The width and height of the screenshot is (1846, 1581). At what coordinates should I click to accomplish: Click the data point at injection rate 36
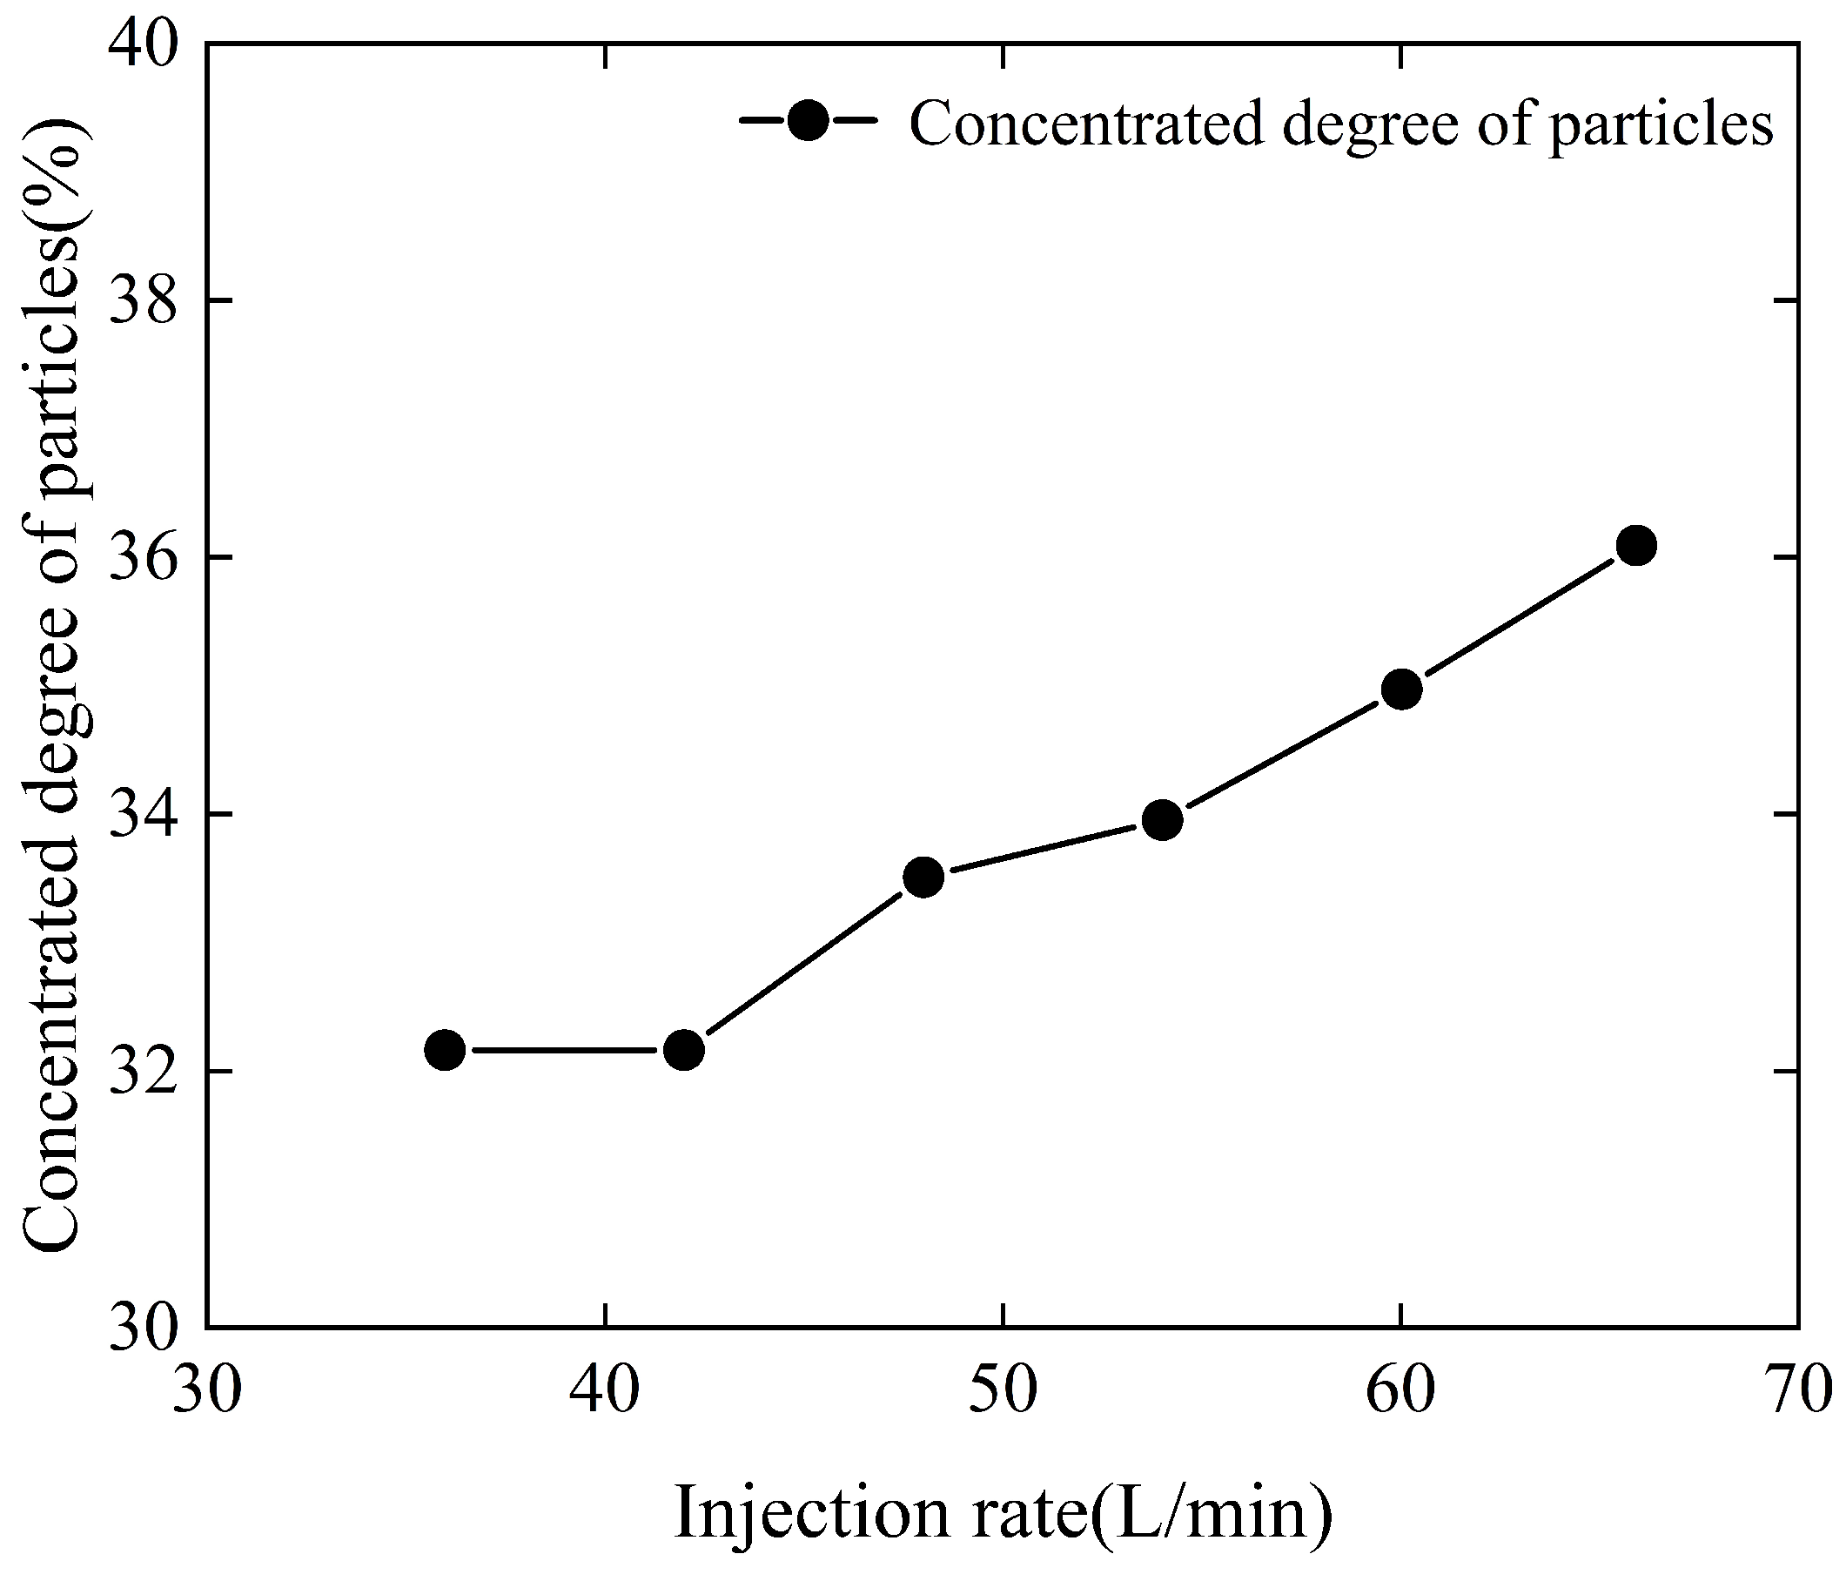coord(445,1050)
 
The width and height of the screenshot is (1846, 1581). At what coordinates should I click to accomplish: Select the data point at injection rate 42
coord(683,1050)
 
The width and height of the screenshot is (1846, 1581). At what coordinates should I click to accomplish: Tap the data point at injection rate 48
coord(923,878)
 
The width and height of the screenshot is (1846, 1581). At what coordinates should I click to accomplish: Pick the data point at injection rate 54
coord(1162,820)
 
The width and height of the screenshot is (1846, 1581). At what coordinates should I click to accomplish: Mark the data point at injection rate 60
coord(1400,689)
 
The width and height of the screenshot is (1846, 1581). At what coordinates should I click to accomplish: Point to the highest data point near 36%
coord(1636,544)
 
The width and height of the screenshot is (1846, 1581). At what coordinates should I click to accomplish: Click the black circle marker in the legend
coord(809,119)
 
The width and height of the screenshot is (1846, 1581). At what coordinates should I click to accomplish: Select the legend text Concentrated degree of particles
coord(1341,124)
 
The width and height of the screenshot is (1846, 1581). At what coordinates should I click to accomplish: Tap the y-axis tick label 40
coord(142,44)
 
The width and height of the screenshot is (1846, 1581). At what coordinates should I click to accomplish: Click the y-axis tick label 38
coord(142,301)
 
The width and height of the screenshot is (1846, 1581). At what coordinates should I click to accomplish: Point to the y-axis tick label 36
coord(142,558)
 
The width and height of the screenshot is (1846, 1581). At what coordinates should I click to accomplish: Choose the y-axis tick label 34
coord(142,815)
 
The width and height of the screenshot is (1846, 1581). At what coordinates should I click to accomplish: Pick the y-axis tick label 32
coord(142,1071)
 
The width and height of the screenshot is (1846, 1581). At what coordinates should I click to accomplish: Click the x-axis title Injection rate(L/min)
coord(1004,1513)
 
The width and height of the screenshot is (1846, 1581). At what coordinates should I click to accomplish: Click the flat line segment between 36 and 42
coord(564,1051)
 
